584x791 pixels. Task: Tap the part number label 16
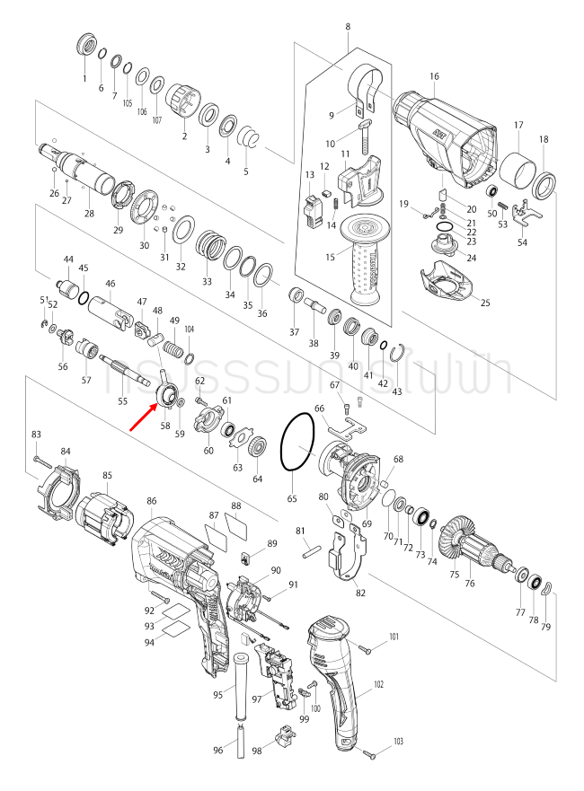434,77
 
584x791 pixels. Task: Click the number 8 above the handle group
348,28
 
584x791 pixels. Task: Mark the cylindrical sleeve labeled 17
516,170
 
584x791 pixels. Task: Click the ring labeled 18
544,188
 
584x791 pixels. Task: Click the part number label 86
152,501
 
